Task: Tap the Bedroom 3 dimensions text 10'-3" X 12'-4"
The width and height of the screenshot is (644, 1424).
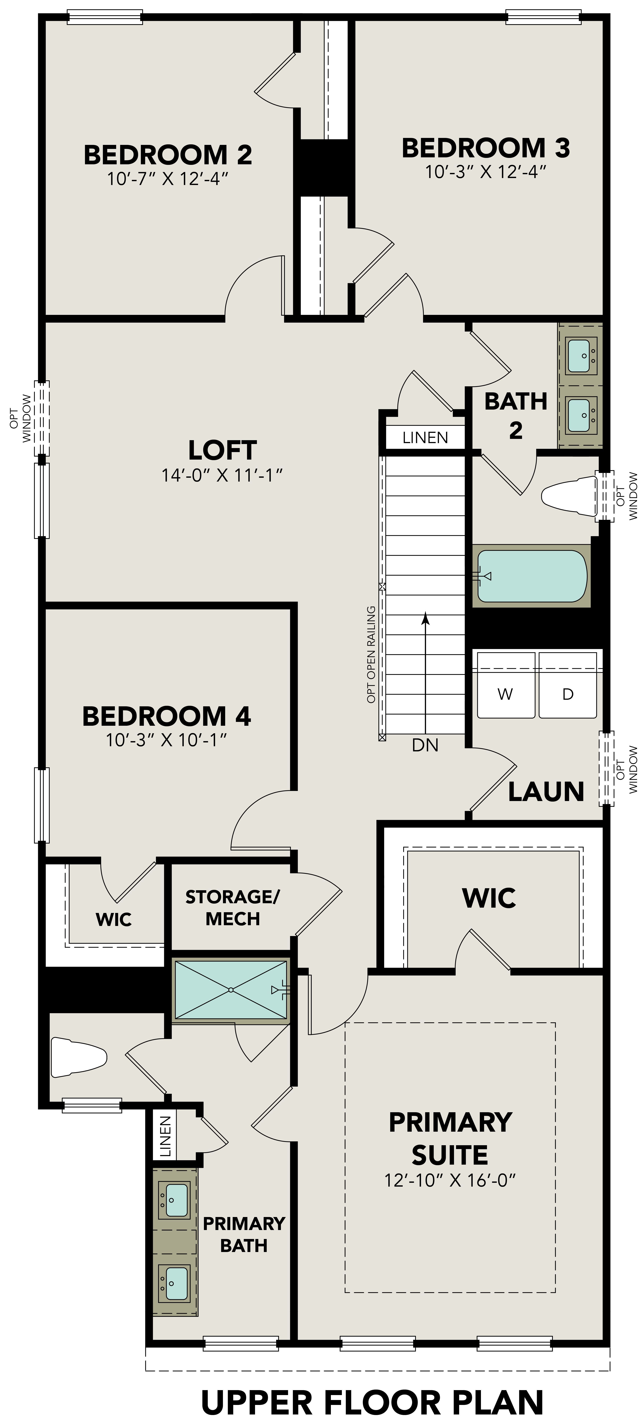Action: (x=485, y=172)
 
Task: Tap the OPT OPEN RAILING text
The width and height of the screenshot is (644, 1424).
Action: (x=372, y=655)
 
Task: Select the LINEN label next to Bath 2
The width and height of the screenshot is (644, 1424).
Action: (x=425, y=438)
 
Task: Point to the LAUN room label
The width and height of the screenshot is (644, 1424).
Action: (x=546, y=792)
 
